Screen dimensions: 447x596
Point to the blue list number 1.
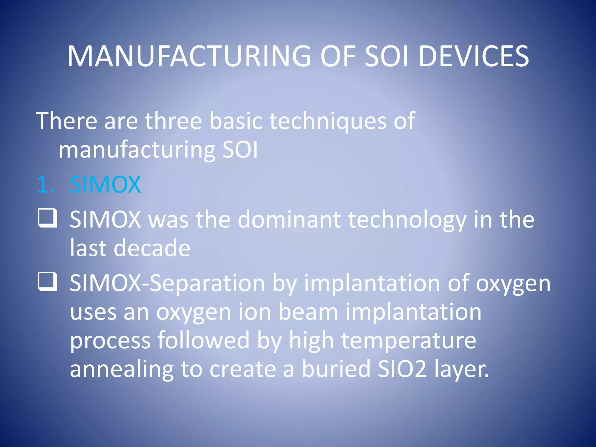pos(45,185)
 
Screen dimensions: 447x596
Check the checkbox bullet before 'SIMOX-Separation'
pos(47,281)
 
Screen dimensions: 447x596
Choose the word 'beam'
pos(308,312)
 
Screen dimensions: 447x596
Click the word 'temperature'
pos(409,341)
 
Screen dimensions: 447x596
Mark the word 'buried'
pos(336,368)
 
